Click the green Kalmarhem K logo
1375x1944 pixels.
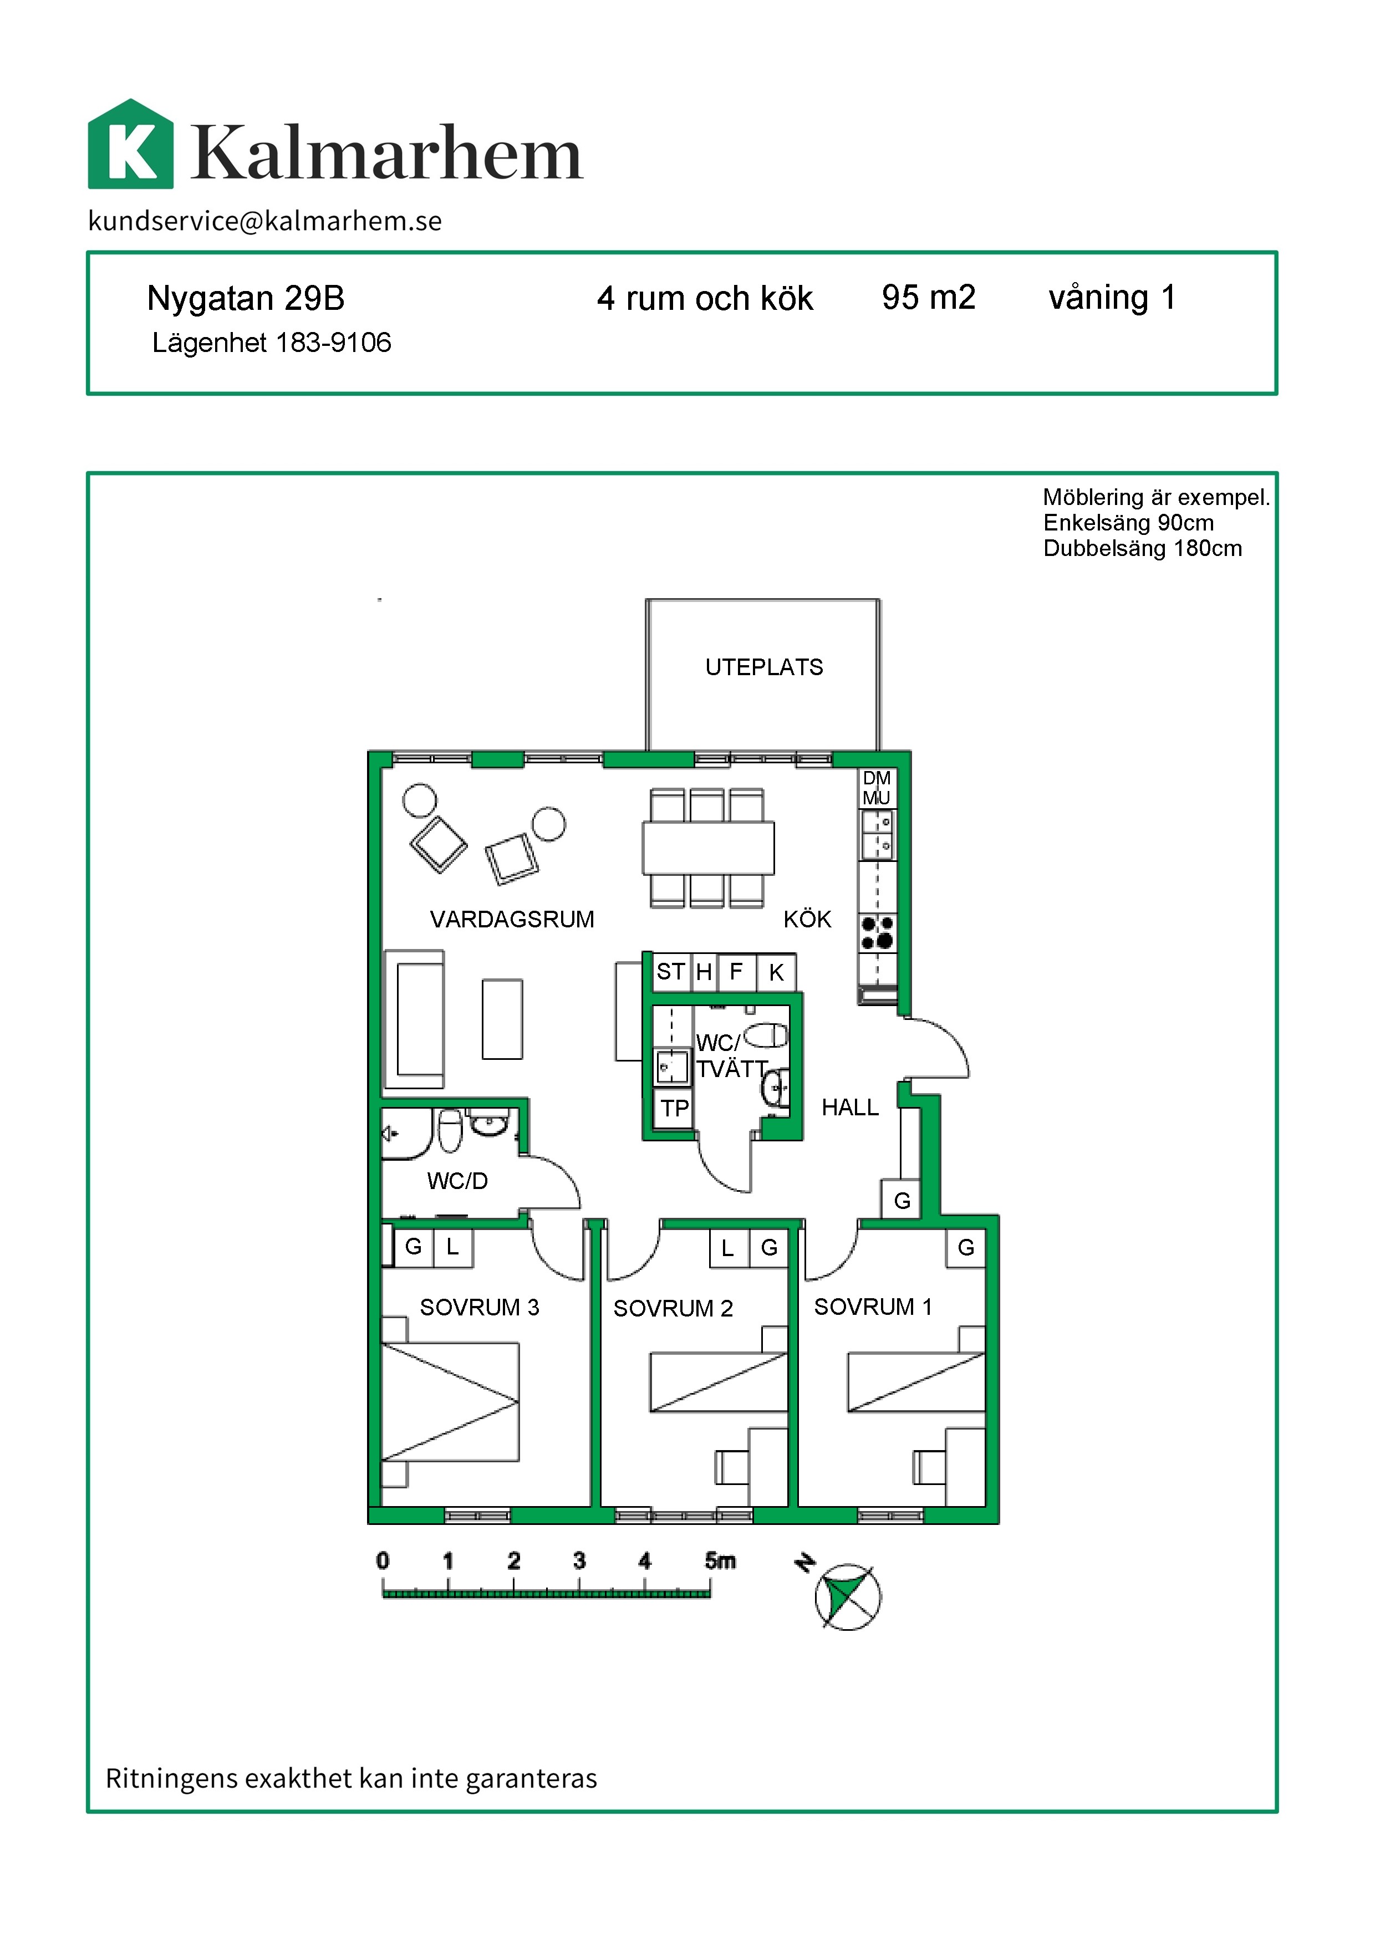(x=130, y=144)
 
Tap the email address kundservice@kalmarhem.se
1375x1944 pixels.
(x=265, y=221)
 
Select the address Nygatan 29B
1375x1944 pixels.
(x=246, y=299)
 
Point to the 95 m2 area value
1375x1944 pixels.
(x=929, y=297)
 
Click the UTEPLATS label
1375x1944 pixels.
(x=763, y=667)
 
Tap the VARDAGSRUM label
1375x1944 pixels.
(x=512, y=920)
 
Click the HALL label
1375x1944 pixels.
(x=850, y=1108)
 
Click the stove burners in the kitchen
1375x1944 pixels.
(x=877, y=932)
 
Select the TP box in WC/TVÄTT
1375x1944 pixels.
(x=675, y=1108)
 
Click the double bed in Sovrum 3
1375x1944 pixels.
(x=450, y=1401)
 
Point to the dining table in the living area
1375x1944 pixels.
(x=708, y=848)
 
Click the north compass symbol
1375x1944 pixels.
(x=848, y=1597)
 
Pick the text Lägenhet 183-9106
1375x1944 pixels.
(x=272, y=343)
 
